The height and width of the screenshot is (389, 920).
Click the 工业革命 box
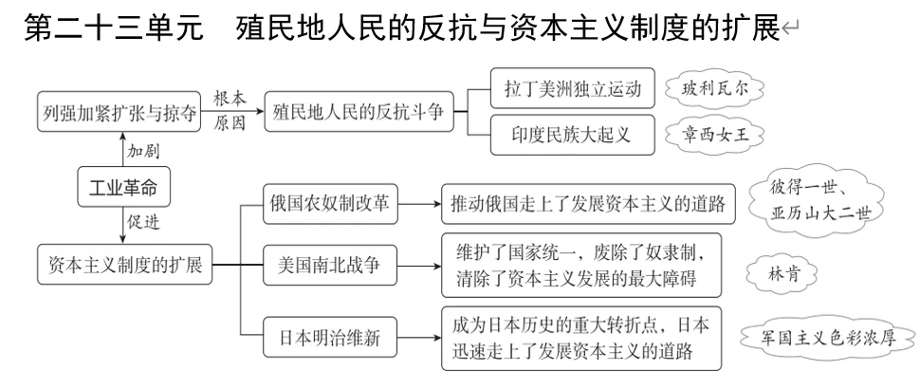124,188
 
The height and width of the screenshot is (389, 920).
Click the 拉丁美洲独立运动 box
574,90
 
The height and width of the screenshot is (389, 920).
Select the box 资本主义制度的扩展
124,265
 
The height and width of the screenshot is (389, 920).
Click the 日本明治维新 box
331,339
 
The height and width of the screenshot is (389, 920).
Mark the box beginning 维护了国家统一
581,265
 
